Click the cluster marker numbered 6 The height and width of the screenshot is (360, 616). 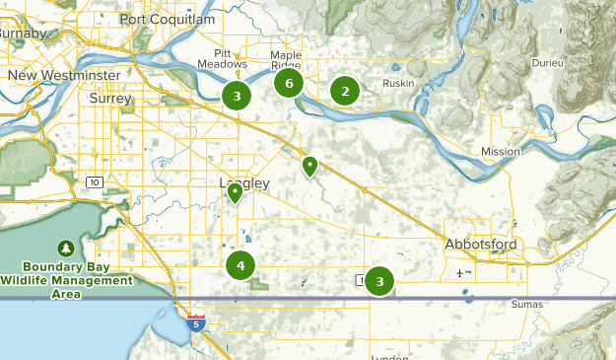pos(288,83)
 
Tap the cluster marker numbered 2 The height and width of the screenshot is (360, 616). pos(344,92)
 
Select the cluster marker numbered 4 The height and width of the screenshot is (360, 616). pos(240,264)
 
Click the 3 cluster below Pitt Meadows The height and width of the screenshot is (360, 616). pos(237,96)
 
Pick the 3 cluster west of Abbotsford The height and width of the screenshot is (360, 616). pos(379,281)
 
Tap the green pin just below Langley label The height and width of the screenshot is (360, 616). pos(235,193)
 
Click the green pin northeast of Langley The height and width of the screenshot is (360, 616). pos(309,166)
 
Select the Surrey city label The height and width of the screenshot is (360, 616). pos(109,98)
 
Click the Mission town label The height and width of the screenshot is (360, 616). pos(500,151)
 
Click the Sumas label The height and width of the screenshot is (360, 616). pos(525,305)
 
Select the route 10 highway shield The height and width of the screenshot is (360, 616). pos(95,181)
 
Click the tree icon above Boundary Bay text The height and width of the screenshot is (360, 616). pos(66,247)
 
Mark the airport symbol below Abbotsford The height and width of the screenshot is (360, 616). pos(460,271)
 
